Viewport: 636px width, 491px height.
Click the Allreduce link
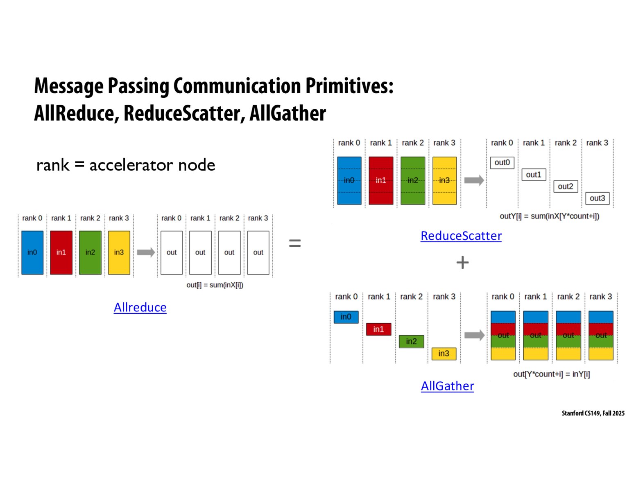(140, 307)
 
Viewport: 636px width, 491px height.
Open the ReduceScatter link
(461, 236)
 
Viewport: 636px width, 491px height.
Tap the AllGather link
(447, 386)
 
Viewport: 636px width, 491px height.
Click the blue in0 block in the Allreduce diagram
(32, 252)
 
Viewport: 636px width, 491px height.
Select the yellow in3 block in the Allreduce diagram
(119, 252)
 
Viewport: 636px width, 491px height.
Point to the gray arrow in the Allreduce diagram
(146, 252)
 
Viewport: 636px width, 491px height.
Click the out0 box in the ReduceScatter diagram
(502, 162)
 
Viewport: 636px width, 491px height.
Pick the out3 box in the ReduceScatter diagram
(597, 198)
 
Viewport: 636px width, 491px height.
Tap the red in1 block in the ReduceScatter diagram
(381, 180)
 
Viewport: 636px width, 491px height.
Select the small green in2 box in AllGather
(411, 341)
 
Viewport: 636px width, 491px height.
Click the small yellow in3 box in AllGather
(444, 354)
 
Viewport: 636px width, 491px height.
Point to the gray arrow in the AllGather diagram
(474, 336)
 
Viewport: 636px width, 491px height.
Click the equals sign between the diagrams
(295, 243)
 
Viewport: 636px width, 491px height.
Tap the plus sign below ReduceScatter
(462, 262)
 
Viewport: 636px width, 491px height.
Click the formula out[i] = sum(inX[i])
(215, 285)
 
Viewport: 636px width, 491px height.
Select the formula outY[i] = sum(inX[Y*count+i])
(549, 216)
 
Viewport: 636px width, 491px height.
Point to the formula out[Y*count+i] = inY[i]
(551, 374)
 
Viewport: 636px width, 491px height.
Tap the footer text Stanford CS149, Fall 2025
(593, 413)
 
